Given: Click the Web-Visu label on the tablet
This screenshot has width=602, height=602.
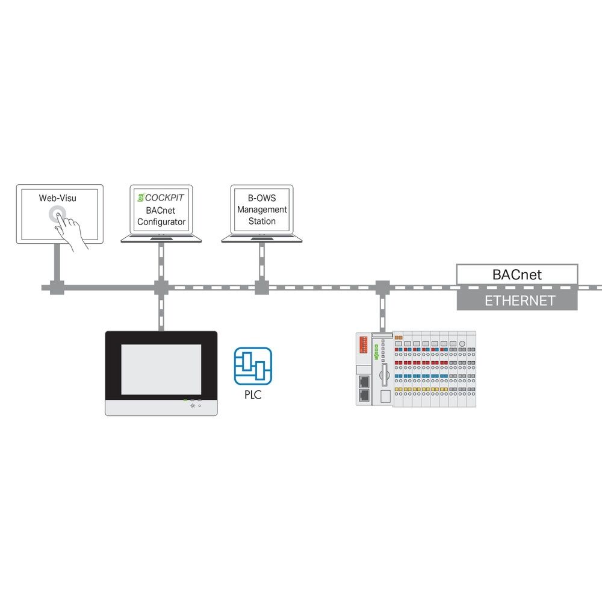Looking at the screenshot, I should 58,197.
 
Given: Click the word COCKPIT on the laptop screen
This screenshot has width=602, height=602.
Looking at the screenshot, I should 164,197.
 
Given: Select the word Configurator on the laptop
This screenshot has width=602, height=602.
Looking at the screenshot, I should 161,222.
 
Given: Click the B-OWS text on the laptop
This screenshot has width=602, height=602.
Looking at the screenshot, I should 262,197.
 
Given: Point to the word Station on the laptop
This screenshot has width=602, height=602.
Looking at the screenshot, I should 262,221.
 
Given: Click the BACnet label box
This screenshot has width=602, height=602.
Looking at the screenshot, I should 517,275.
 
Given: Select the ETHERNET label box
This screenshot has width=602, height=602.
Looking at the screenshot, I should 517,300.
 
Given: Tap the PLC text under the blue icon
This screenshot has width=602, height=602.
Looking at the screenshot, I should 253,396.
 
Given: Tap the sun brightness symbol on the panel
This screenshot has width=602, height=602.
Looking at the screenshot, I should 193,406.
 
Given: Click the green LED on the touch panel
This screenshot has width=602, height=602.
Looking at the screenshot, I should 185,400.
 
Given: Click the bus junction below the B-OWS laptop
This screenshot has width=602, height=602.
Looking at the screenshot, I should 261,287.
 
